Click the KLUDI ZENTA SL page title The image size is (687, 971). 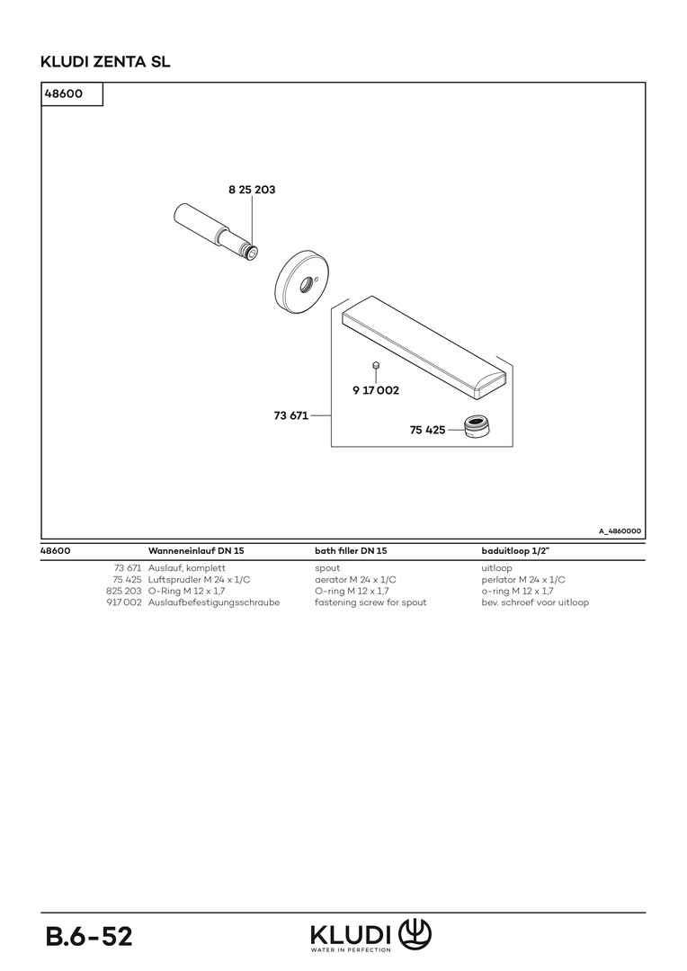coord(105,62)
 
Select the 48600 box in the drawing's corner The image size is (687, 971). coord(72,94)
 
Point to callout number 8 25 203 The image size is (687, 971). coord(252,190)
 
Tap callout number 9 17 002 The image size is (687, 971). coord(376,390)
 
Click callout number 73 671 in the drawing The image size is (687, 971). coord(291,415)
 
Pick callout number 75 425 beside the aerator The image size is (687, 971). coord(427,430)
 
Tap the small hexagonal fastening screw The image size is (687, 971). coord(375,365)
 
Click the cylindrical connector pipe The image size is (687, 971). coord(216,232)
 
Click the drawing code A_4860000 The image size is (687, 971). coord(620,531)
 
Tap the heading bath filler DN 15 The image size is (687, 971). coord(351,550)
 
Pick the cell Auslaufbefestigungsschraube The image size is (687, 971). coord(214,601)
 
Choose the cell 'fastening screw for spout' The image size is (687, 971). coord(370,601)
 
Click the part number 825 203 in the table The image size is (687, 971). coord(124,591)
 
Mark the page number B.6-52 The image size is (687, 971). coord(89,936)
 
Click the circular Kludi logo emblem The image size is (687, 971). coord(415,934)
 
